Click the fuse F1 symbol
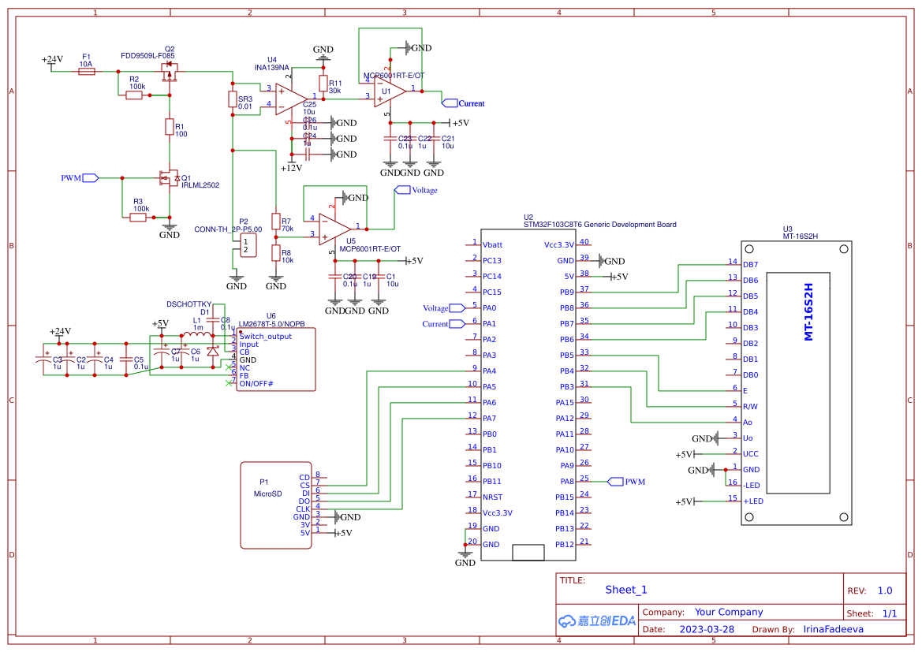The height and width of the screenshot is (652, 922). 87,72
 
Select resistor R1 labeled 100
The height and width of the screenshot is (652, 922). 169,127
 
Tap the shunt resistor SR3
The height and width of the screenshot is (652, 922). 232,99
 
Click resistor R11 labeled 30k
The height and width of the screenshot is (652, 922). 323,84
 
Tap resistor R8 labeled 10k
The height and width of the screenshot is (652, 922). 275,253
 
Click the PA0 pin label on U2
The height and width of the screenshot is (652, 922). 490,308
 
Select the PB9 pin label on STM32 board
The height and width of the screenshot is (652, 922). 566,292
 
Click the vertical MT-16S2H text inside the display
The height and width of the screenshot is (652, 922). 808,311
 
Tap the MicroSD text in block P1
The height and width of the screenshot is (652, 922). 267,494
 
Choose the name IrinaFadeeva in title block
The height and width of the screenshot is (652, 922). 833,629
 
